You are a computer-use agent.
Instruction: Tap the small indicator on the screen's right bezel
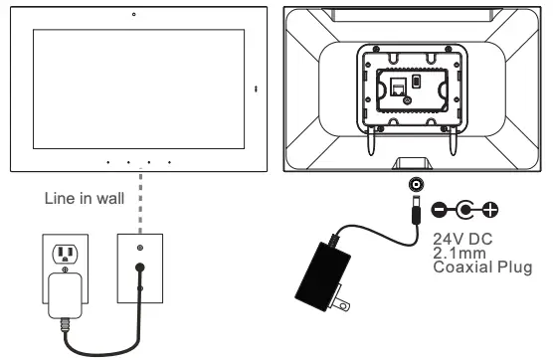pyautogui.click(x=255, y=90)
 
